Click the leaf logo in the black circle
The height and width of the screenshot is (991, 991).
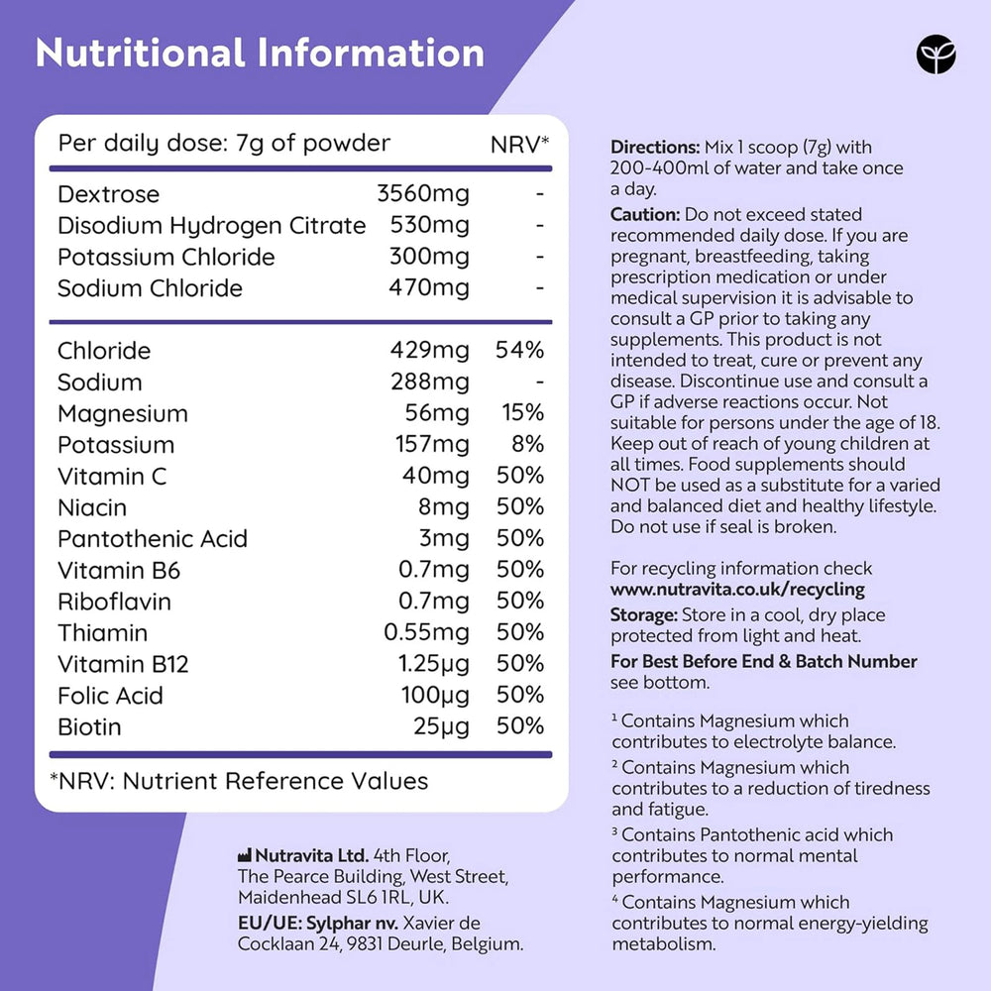click(x=936, y=55)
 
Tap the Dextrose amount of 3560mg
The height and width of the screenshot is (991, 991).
click(x=423, y=194)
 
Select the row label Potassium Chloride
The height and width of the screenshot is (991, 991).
click(x=165, y=258)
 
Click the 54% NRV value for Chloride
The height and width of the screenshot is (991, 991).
click(x=519, y=351)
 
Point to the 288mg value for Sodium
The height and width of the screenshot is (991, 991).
click(x=429, y=383)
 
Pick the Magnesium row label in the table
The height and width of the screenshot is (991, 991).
click(x=122, y=414)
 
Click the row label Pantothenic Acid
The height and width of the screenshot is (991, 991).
click(x=152, y=539)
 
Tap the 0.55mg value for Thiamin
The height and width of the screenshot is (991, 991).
click(x=426, y=633)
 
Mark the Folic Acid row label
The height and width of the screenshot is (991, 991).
click(x=110, y=696)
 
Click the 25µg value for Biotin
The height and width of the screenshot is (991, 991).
click(x=441, y=726)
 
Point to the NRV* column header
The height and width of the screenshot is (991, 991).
click(x=520, y=145)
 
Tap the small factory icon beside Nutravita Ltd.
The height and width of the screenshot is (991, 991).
click(x=245, y=855)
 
